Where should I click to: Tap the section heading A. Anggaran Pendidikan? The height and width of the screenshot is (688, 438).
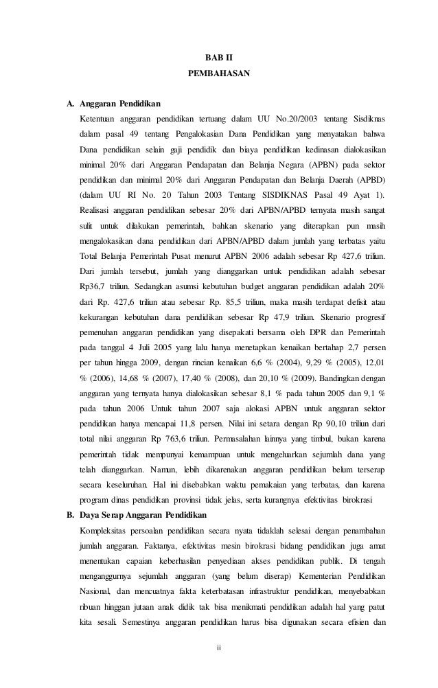[113, 104]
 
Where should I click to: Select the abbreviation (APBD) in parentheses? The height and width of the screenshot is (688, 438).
[369, 180]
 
